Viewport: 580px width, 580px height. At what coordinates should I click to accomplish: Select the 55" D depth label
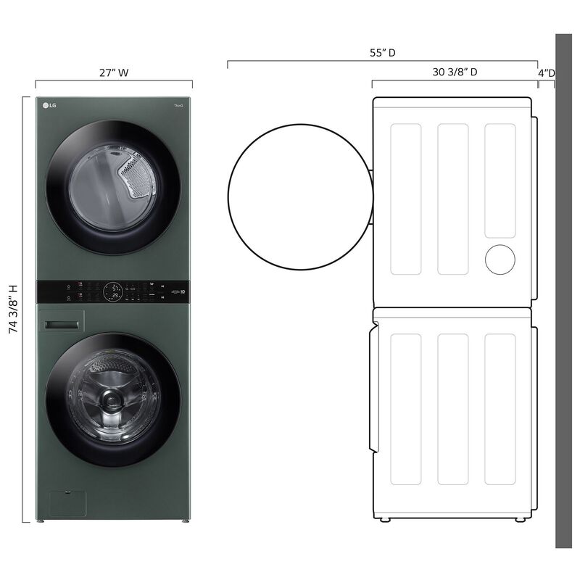coord(382,53)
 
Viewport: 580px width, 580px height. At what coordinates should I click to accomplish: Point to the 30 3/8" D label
coord(455,72)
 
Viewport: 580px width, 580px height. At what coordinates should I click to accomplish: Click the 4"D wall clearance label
coord(546,72)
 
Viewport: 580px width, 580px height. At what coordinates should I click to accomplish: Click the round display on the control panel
coord(113,292)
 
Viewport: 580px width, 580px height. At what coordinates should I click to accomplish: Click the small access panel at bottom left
coord(66,504)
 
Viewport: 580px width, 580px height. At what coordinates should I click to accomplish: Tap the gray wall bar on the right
coord(564,290)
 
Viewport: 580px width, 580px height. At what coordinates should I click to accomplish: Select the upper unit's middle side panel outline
coord(452,199)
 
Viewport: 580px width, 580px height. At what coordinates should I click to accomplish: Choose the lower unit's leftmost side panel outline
coord(405,409)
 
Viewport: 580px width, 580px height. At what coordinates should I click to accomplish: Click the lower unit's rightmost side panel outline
coord(500,409)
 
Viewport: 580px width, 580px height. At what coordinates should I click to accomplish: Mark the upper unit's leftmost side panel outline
coord(405,199)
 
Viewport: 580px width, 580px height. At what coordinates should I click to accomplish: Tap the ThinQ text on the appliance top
coord(178,107)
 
